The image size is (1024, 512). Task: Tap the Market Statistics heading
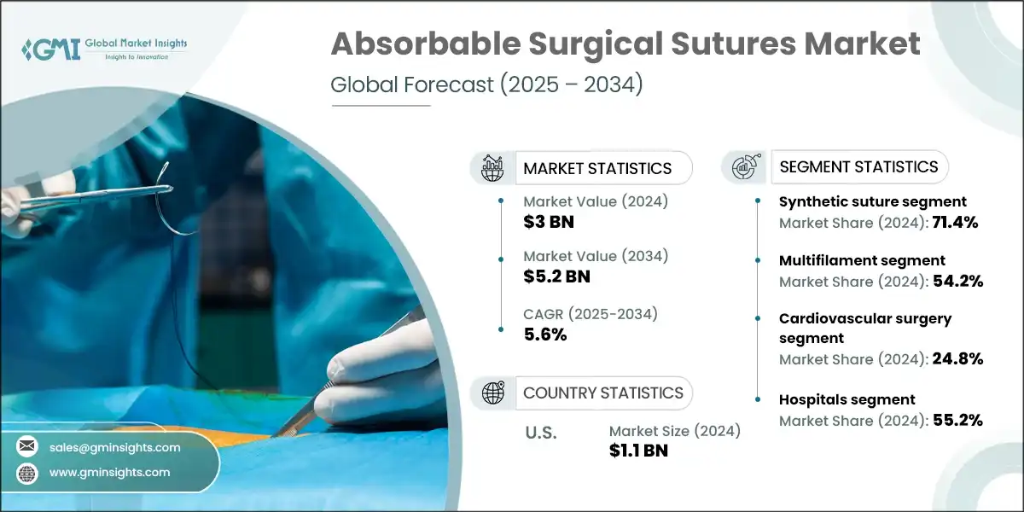(x=597, y=168)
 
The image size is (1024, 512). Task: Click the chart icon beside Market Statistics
(x=492, y=168)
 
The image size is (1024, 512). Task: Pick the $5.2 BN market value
(x=556, y=276)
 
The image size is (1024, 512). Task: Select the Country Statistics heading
(x=602, y=393)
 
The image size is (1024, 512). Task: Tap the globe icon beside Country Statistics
(x=492, y=393)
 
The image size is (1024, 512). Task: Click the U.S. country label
(x=539, y=433)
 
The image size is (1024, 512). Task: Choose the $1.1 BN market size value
(x=638, y=451)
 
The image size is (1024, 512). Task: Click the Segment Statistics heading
(x=858, y=166)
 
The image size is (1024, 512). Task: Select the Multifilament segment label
(x=862, y=260)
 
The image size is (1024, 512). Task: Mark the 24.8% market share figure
(x=959, y=359)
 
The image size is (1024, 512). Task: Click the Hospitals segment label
(x=847, y=399)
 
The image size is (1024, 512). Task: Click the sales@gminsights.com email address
(x=115, y=447)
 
